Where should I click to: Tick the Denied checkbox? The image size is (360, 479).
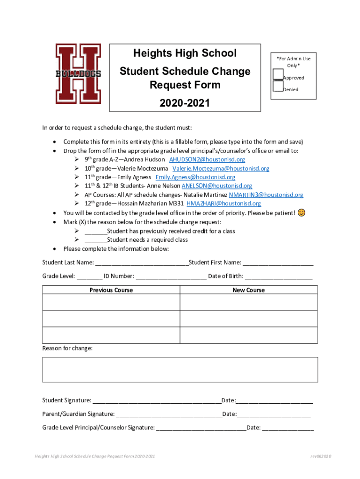pyautogui.click(x=278, y=86)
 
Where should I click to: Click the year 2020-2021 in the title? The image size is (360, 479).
pyautogui.click(x=185, y=103)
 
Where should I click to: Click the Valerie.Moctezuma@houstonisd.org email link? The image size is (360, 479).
pyautogui.click(x=221, y=168)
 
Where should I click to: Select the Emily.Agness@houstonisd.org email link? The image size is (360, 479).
pyautogui.click(x=195, y=177)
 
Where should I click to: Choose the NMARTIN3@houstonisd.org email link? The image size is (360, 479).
pyautogui.click(x=266, y=195)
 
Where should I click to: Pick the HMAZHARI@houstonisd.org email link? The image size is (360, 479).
pyautogui.click(x=223, y=203)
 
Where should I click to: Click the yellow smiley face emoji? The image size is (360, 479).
pyautogui.click(x=302, y=213)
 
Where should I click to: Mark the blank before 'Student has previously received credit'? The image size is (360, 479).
pyautogui.click(x=95, y=231)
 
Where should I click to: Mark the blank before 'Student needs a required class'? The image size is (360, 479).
pyautogui.click(x=95, y=240)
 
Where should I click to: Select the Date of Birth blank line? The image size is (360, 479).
pyautogui.click(x=279, y=276)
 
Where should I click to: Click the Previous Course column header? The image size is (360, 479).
pyautogui.click(x=111, y=290)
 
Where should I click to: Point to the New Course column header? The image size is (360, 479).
pyautogui.click(x=248, y=290)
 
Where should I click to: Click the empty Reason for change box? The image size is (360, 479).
pyautogui.click(x=180, y=370)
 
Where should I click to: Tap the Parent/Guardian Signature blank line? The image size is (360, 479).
pyautogui.click(x=169, y=414)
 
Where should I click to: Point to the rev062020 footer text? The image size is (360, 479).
pyautogui.click(x=320, y=456)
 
